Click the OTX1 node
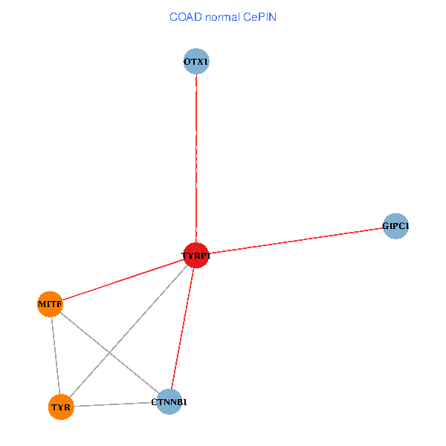point(196,62)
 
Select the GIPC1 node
point(395,226)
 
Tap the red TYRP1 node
point(196,256)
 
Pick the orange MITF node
point(50,304)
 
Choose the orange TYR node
point(61,407)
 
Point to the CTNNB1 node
point(169,402)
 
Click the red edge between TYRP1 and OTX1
point(196,158)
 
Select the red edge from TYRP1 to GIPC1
point(296,241)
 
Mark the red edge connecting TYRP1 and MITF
point(123,279)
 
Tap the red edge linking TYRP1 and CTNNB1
point(183,329)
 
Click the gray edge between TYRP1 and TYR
point(129,332)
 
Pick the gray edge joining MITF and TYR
point(56,355)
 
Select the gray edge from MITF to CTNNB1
point(109,353)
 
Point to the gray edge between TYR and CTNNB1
point(115,404)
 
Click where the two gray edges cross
point(109,353)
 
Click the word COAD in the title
point(186,17)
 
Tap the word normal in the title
point(223,17)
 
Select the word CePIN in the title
point(259,17)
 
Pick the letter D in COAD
point(198,17)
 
